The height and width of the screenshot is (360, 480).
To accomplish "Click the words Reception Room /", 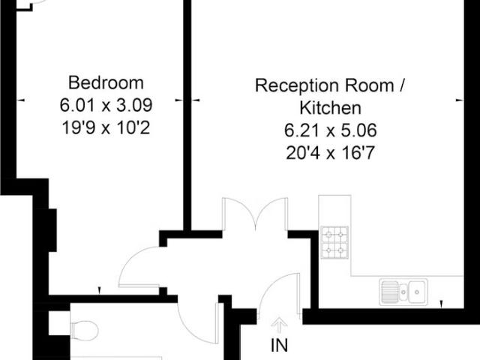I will pyautogui.click(x=331, y=85).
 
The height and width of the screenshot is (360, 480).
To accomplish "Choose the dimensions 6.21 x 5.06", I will pyautogui.click(x=331, y=130).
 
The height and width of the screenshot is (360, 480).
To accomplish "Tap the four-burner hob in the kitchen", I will pyautogui.click(x=334, y=241).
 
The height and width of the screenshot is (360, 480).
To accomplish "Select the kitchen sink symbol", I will pyautogui.click(x=403, y=290).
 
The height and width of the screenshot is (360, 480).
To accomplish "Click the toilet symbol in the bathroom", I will pyautogui.click(x=84, y=329).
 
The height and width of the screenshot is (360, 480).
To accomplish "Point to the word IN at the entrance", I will pyautogui.click(x=279, y=346).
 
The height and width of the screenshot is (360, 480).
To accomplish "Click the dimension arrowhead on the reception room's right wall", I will pyautogui.click(x=458, y=99).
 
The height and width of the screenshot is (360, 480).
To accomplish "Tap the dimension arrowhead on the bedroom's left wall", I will pyautogui.click(x=19, y=99).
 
